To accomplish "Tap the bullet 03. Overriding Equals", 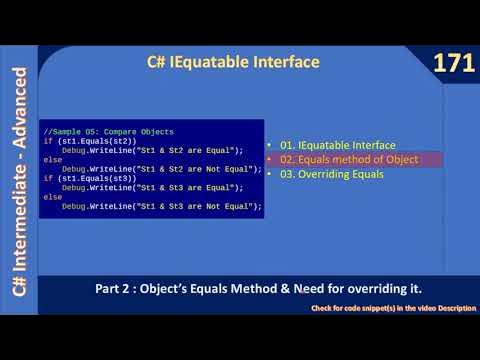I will click(332, 175).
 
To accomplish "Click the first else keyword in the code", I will click(52, 160).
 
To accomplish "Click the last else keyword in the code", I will click(52, 197).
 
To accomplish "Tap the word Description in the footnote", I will click(454, 308).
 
